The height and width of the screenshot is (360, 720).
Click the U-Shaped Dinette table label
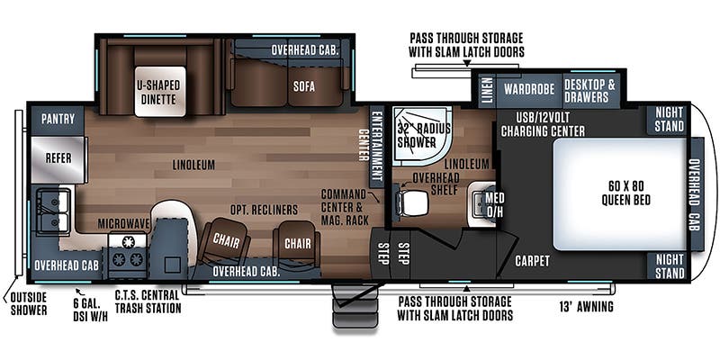point(159,92)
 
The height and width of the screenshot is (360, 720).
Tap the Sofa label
point(304,86)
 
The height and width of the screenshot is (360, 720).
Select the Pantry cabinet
point(58,120)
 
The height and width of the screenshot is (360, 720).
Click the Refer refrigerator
point(58,159)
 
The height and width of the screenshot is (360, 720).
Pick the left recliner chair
point(226,242)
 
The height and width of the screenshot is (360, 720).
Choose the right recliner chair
point(297,243)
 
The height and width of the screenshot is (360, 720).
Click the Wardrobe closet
point(529,89)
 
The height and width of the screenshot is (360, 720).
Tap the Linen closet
point(487,90)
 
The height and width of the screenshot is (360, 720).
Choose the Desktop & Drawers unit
point(589,90)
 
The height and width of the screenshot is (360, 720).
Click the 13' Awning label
point(587,306)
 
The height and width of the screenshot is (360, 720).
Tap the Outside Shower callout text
point(29,304)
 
